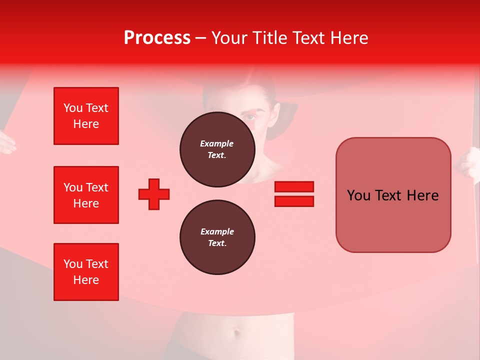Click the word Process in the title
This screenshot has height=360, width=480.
157,38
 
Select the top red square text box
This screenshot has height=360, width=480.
86,116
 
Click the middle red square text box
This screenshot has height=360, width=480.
86,195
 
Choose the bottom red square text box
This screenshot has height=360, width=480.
86,272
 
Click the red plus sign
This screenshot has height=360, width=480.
154,194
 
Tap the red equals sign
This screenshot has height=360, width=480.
294,194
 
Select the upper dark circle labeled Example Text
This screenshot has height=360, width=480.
217,149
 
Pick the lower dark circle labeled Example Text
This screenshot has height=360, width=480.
217,237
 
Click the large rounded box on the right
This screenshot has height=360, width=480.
393,195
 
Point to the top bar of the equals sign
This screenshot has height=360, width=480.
294,186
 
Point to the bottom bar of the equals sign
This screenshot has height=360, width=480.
294,201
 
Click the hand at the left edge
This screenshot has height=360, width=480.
6,142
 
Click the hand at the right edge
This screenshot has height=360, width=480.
470,165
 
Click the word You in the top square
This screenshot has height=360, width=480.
72,108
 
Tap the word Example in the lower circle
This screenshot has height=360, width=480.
217,231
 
